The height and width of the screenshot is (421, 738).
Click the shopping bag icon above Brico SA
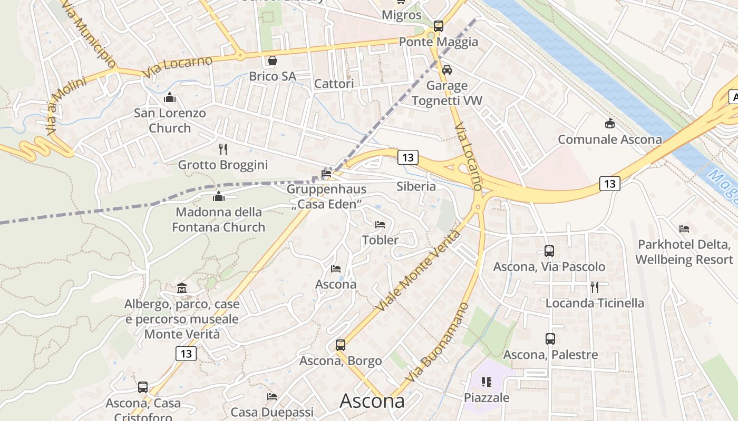pyautogui.click(x=272, y=61)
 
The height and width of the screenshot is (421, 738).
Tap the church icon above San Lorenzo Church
pyautogui.click(x=170, y=97)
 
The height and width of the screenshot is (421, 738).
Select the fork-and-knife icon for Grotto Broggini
pyautogui.click(x=223, y=149)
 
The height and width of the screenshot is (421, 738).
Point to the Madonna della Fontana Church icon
pyautogui.click(x=218, y=197)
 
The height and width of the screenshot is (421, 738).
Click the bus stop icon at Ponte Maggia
pyautogui.click(x=438, y=26)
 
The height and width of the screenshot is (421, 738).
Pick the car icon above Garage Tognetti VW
pyautogui.click(x=447, y=69)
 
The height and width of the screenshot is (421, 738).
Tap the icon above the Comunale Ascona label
pyautogui.click(x=610, y=124)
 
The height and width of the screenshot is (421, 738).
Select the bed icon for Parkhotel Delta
pyautogui.click(x=684, y=229)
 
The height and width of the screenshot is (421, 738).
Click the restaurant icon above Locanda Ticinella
pyautogui.click(x=595, y=287)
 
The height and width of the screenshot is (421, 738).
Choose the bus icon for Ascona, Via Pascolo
pyautogui.click(x=549, y=251)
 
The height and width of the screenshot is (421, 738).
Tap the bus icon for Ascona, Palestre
pyautogui.click(x=550, y=339)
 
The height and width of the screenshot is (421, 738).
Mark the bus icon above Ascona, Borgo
pyautogui.click(x=341, y=345)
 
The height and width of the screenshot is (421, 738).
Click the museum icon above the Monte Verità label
pyautogui.click(x=182, y=288)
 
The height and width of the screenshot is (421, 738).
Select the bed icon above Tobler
pyautogui.click(x=380, y=225)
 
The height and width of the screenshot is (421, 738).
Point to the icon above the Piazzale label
pyautogui.click(x=486, y=382)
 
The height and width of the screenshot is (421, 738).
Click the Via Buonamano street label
pyautogui.click(x=437, y=343)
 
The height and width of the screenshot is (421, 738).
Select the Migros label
pyautogui.click(x=402, y=15)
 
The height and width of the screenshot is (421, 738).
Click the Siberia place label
pyautogui.click(x=416, y=186)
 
